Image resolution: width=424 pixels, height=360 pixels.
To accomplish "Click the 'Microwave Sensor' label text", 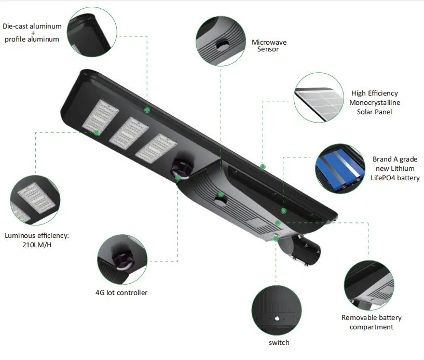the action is point(269,46).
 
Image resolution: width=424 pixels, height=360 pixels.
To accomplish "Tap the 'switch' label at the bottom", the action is point(279,342).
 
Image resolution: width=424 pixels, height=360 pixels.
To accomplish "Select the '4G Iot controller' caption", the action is point(121,292).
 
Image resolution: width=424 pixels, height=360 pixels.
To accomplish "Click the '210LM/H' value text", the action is point(37,245).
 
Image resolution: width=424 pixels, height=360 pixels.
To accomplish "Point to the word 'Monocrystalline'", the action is point(375,102).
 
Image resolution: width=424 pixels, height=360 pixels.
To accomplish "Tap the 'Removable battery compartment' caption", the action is point(372,322).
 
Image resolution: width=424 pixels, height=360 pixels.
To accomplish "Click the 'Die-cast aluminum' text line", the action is point(32,26).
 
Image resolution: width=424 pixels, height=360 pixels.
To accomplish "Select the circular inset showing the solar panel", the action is point(319,98).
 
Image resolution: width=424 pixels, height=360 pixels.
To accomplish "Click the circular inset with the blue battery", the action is point(340,168).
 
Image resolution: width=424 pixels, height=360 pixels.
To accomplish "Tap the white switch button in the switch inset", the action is point(277,318).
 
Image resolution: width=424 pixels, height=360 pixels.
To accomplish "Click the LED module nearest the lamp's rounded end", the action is point(100,116).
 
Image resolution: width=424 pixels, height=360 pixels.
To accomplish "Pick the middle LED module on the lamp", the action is point(129,133).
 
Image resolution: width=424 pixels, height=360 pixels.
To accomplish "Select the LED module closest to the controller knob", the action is point(156,149).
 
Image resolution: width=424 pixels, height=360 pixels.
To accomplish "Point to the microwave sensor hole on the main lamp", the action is point(221,201).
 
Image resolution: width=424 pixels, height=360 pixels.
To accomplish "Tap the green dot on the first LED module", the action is point(96,132).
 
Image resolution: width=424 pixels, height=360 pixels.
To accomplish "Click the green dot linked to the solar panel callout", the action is point(263,167).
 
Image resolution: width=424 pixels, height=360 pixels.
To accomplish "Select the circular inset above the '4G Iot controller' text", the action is point(122,259).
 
